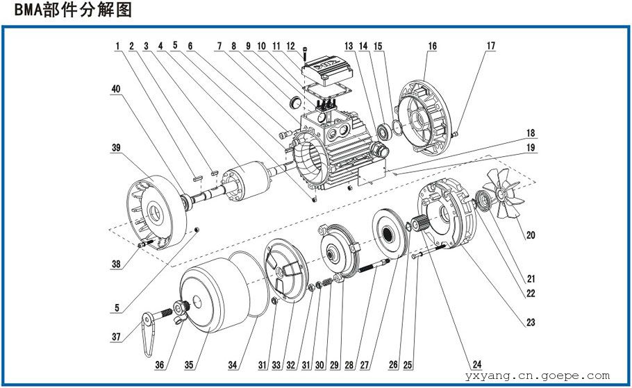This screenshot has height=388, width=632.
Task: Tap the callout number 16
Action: pos(432,47)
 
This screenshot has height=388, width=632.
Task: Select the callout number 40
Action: pos(116,90)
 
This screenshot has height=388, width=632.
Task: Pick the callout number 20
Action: pos(531,235)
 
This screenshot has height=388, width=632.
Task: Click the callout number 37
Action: pos(117,337)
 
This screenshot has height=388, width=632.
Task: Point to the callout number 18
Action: pos(530,133)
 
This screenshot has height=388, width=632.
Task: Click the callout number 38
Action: pos(116,264)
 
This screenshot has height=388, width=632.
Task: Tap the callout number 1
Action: pos(119,47)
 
